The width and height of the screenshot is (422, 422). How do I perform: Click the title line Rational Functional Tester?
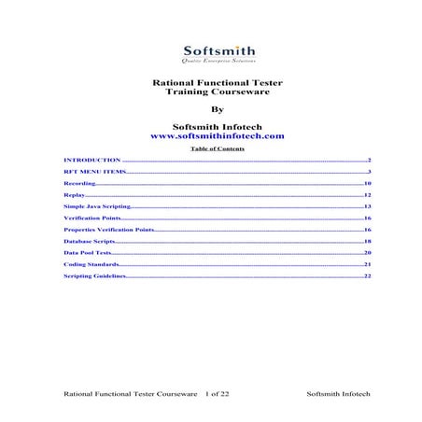coord(210,82)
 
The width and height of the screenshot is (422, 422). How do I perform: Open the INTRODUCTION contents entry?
coord(92,161)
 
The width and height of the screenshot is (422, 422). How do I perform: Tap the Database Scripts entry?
coord(90,241)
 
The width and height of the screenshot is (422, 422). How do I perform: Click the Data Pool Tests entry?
coord(87,253)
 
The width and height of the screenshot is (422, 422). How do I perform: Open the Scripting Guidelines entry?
coord(93,276)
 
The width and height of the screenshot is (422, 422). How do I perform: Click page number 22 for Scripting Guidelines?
coord(368,276)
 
